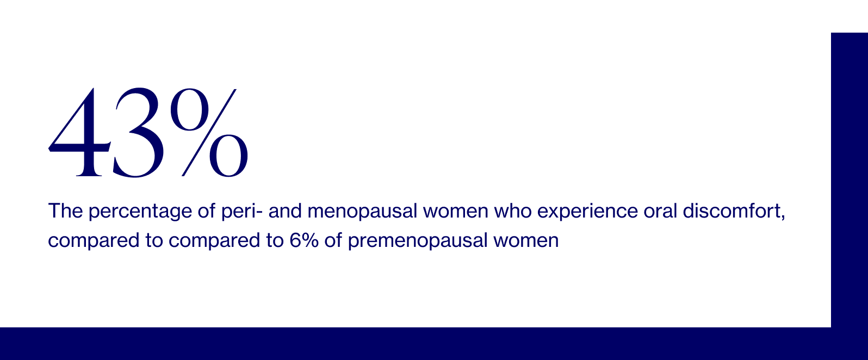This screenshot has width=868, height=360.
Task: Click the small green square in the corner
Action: click(x=849, y=16)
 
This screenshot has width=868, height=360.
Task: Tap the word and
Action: click(x=285, y=210)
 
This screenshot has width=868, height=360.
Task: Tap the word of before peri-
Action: click(x=207, y=210)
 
